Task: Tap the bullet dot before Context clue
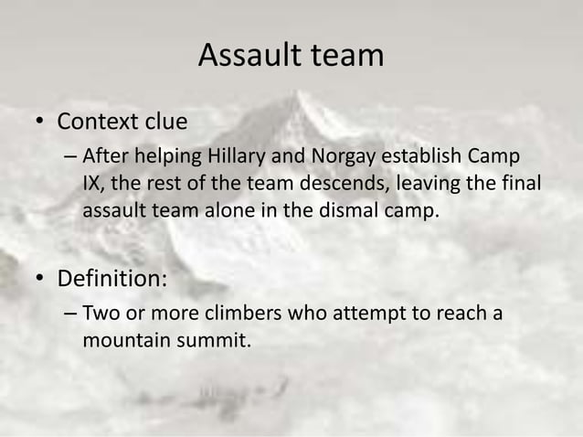point(42,122)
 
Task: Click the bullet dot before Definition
point(42,277)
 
